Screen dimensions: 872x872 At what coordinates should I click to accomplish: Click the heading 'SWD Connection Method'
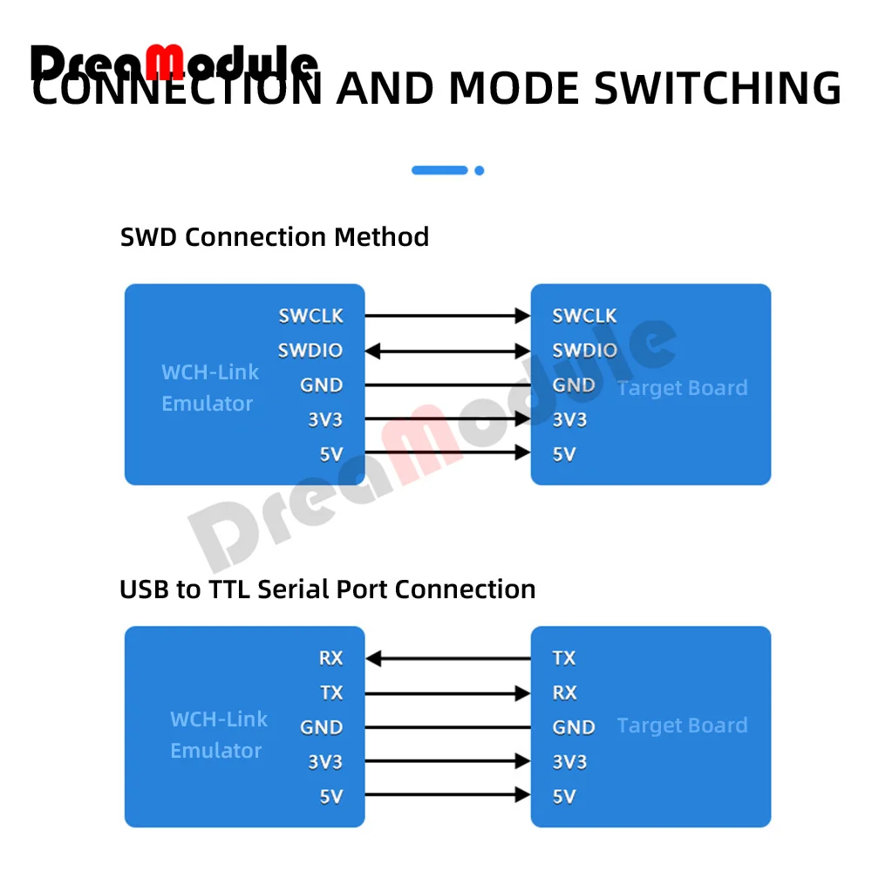pyautogui.click(x=275, y=237)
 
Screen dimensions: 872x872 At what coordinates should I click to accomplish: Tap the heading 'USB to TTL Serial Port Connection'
pyautogui.click(x=327, y=589)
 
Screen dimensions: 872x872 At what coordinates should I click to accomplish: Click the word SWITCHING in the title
pyautogui.click(x=718, y=89)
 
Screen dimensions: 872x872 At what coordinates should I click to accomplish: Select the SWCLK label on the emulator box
pyautogui.click(x=310, y=316)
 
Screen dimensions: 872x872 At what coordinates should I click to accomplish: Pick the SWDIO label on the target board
pyautogui.click(x=584, y=351)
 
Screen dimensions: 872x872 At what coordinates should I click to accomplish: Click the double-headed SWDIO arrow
pyautogui.click(x=447, y=351)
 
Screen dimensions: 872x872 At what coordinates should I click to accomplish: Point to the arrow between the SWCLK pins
pyautogui.click(x=447, y=316)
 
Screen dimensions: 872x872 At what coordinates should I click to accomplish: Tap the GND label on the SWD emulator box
pyautogui.click(x=321, y=385)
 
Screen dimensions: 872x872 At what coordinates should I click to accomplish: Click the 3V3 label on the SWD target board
pyautogui.click(x=569, y=420)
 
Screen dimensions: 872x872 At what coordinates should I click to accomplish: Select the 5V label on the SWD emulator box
pyautogui.click(x=330, y=454)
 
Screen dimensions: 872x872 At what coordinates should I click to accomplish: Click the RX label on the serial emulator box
pyautogui.click(x=330, y=658)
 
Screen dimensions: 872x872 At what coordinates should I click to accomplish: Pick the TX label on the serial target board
pyautogui.click(x=564, y=658)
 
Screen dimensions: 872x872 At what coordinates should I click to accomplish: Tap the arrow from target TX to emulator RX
pyautogui.click(x=447, y=658)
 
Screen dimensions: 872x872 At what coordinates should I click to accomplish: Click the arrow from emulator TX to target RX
pyautogui.click(x=447, y=693)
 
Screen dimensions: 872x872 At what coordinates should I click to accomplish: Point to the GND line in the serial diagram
pyautogui.click(x=447, y=727)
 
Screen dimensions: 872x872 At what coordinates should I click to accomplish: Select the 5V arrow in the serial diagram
pyautogui.click(x=447, y=795)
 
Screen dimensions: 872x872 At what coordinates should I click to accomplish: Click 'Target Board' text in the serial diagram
pyautogui.click(x=682, y=726)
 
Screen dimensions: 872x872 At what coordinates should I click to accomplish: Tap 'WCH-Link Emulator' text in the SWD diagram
pyautogui.click(x=209, y=388)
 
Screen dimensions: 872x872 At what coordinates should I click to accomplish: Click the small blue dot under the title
pyautogui.click(x=479, y=171)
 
